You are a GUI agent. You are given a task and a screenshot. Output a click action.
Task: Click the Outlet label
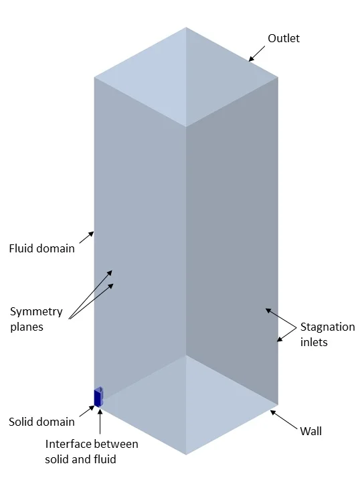click(x=284, y=39)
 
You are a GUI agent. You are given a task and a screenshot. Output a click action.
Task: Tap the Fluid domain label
click(x=41, y=248)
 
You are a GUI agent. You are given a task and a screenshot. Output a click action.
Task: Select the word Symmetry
click(x=36, y=311)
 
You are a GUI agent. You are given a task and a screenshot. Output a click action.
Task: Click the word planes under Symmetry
click(x=26, y=327)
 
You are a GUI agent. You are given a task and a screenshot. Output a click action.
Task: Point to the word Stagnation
click(x=327, y=327)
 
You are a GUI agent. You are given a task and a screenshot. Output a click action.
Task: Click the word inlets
click(x=314, y=342)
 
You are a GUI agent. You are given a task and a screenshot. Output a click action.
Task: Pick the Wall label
click(x=310, y=431)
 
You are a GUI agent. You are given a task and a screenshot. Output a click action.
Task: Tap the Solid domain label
click(x=41, y=422)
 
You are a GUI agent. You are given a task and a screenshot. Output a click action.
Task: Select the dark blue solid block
click(x=98, y=398)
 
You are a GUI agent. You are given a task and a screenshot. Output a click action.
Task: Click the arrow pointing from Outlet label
click(x=256, y=54)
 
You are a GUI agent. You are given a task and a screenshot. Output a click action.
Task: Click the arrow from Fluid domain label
click(x=86, y=237)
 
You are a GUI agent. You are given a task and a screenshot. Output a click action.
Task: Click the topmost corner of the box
click(x=186, y=27)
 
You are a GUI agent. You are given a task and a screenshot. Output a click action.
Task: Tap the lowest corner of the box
click(x=186, y=455)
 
